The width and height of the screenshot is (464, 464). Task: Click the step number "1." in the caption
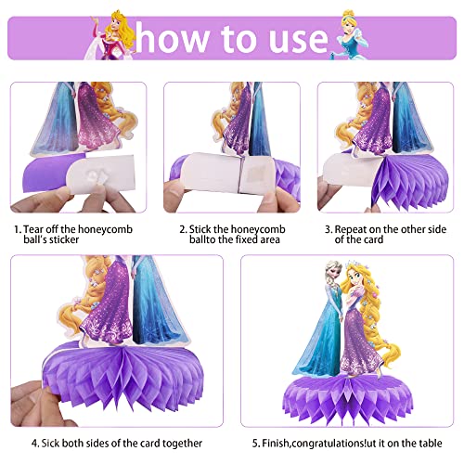(17, 227)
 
